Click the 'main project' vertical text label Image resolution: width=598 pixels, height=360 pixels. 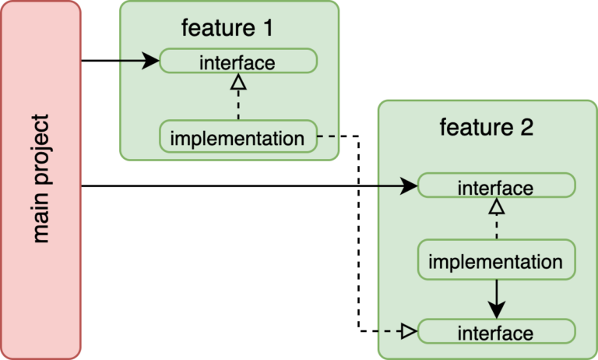[x=41, y=179]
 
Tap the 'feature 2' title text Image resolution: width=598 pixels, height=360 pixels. [x=487, y=127]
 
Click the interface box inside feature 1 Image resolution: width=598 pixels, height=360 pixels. [x=238, y=61]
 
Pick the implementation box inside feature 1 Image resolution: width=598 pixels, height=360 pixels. [x=238, y=138]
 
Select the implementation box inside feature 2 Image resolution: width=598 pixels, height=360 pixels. [x=497, y=260]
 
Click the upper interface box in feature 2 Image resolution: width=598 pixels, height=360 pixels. [x=497, y=186]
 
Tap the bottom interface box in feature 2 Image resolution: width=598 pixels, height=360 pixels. [x=497, y=332]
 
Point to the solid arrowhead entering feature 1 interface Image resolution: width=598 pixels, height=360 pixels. [x=151, y=61]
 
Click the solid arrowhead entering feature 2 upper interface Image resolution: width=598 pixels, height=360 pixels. [x=410, y=186]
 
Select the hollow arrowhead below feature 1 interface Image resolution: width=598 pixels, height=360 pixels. [x=238, y=81]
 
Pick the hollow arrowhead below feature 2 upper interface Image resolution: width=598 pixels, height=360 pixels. [x=497, y=206]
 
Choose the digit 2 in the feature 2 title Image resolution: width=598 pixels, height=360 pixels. [x=526, y=127]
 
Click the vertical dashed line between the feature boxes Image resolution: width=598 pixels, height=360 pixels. [x=358, y=234]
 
